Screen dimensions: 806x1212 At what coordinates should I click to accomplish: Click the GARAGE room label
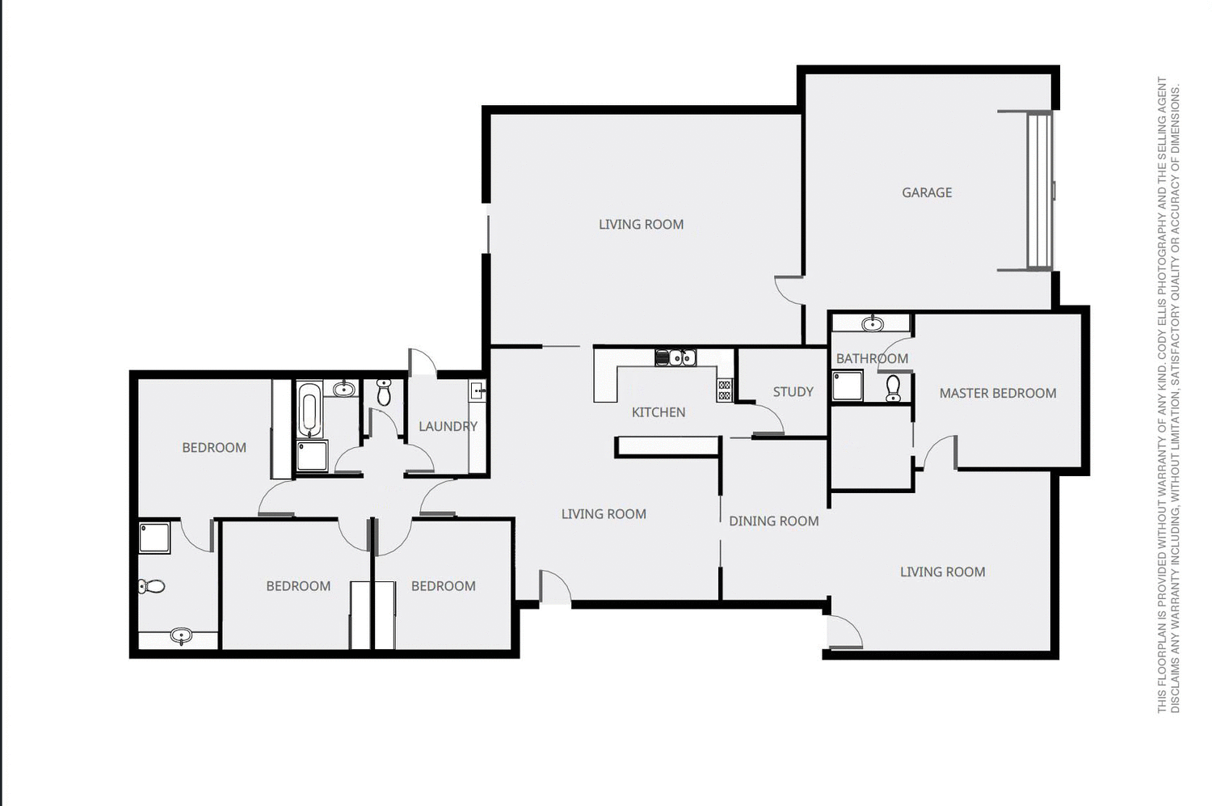point(927,192)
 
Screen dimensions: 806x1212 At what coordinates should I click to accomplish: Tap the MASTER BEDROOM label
point(997,394)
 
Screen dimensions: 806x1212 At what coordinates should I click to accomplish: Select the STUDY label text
point(793,392)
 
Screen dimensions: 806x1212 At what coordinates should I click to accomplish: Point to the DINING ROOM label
point(773,521)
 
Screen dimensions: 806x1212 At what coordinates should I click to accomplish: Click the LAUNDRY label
point(448,426)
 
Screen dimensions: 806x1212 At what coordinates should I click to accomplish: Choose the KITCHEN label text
point(658,412)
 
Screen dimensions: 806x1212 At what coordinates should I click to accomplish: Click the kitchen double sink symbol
point(675,357)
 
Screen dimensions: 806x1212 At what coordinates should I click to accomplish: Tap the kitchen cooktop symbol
point(724,390)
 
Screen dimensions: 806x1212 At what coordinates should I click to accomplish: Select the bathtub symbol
point(309,410)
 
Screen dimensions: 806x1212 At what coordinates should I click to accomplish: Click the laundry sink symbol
point(478,391)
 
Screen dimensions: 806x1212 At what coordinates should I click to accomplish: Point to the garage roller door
point(1039,191)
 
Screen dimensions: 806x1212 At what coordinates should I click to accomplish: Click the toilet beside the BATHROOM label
point(893,388)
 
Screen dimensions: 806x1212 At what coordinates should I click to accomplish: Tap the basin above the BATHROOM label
point(872,324)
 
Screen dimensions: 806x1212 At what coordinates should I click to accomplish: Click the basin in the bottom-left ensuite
point(181,637)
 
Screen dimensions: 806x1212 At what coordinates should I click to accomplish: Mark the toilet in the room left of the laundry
point(384,393)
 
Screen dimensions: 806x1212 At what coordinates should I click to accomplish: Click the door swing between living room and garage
point(789,289)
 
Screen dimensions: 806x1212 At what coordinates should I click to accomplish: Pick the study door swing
point(768,420)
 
